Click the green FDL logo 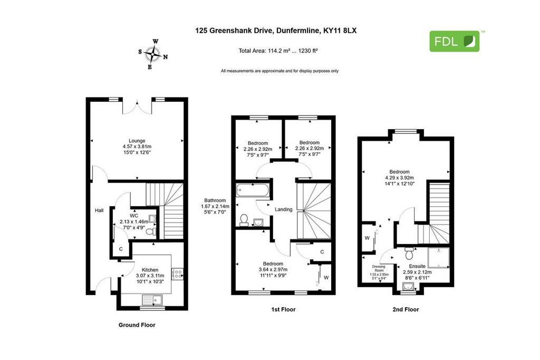[454, 41]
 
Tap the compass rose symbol [153, 54]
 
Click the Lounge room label [137, 141]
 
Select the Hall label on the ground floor [99, 210]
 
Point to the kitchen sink [152, 300]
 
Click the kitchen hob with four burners [177, 274]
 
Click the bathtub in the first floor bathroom [253, 190]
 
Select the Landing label [283, 209]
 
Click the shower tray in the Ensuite [438, 258]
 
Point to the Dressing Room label [379, 268]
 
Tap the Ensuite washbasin [408, 286]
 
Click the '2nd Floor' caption [406, 309]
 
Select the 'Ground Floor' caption [137, 325]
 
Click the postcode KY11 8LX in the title [340, 31]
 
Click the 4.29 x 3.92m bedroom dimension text [400, 178]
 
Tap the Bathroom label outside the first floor [215, 200]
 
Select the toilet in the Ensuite [409, 253]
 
